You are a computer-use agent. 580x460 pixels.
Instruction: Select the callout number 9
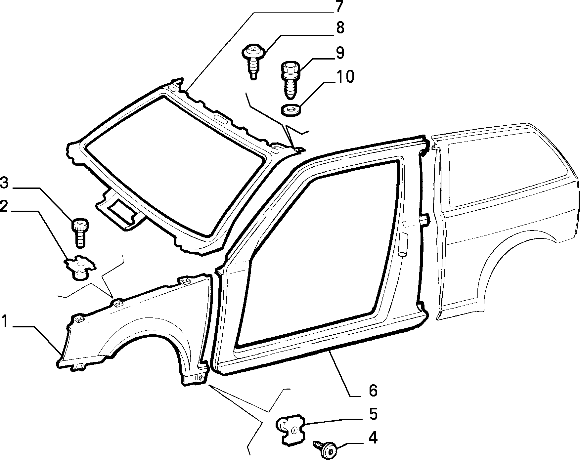[339, 53]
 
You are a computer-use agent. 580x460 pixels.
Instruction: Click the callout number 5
[373, 414]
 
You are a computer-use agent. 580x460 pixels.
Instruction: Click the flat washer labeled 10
[291, 109]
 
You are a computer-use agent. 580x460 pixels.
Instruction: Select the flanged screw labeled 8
[254, 61]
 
